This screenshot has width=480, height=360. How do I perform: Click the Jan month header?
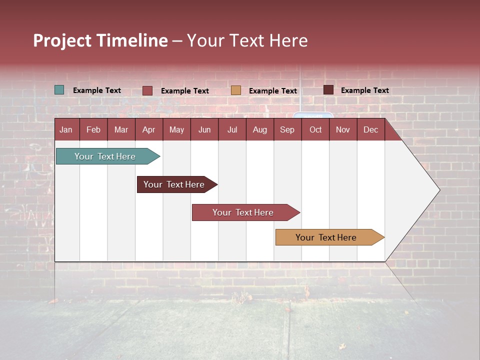point(66,130)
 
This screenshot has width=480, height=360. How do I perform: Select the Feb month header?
point(93,130)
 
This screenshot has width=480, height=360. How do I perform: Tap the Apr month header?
point(148,130)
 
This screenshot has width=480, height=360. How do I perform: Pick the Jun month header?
point(204,130)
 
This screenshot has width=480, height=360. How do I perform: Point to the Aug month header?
point(259,130)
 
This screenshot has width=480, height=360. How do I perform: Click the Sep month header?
point(287,130)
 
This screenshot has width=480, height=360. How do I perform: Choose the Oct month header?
point(315,130)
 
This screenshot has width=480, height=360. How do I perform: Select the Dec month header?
point(370,130)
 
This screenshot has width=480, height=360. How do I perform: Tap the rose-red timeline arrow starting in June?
point(243,212)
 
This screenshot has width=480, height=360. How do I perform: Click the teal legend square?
point(59,90)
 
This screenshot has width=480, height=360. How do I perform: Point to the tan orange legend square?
point(236,90)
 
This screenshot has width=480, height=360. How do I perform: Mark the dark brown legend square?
point(328,90)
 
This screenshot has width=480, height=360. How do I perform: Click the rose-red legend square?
point(147,90)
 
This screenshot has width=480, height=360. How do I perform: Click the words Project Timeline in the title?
point(100,40)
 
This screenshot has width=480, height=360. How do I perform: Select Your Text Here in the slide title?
point(247,40)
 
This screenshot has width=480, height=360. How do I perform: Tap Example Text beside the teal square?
point(97,90)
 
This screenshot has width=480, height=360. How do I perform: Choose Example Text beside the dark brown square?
point(365,90)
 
